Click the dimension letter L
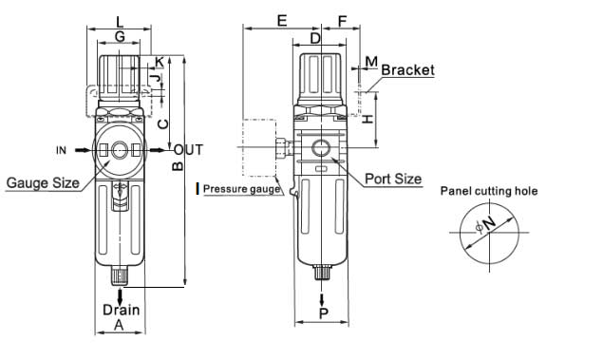(x=120, y=22)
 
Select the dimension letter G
(x=120, y=36)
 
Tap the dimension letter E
(x=282, y=20)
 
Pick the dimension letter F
(x=342, y=22)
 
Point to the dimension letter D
(x=315, y=38)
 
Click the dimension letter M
(x=371, y=61)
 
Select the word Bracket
(x=407, y=70)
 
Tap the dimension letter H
(x=368, y=119)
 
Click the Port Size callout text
(x=393, y=179)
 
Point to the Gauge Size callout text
(x=43, y=182)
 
